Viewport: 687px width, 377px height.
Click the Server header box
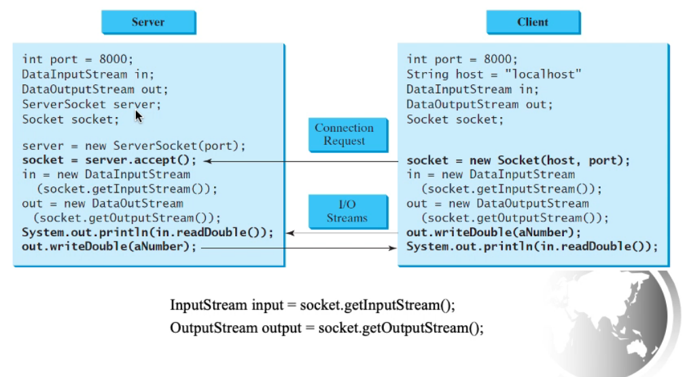(x=148, y=22)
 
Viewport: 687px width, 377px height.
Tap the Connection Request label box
(x=344, y=134)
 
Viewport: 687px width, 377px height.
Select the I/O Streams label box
(x=347, y=211)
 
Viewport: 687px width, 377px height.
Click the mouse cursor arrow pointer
(x=139, y=116)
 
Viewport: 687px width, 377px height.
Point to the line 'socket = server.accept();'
(x=109, y=161)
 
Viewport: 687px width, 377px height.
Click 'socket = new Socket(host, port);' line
(x=518, y=161)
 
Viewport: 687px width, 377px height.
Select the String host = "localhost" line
(x=494, y=74)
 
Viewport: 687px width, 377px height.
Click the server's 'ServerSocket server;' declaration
(x=92, y=104)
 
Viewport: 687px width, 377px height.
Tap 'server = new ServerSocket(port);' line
(x=133, y=146)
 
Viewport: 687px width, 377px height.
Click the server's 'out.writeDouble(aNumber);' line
(x=109, y=247)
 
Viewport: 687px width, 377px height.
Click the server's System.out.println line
(x=147, y=233)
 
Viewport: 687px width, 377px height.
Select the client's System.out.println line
(x=532, y=247)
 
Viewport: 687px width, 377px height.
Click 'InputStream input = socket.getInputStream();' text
(x=313, y=304)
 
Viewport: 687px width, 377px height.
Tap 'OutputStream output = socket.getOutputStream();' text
(x=327, y=328)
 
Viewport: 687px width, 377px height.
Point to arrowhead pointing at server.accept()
(x=208, y=161)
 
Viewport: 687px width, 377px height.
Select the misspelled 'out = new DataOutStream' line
(x=102, y=203)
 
